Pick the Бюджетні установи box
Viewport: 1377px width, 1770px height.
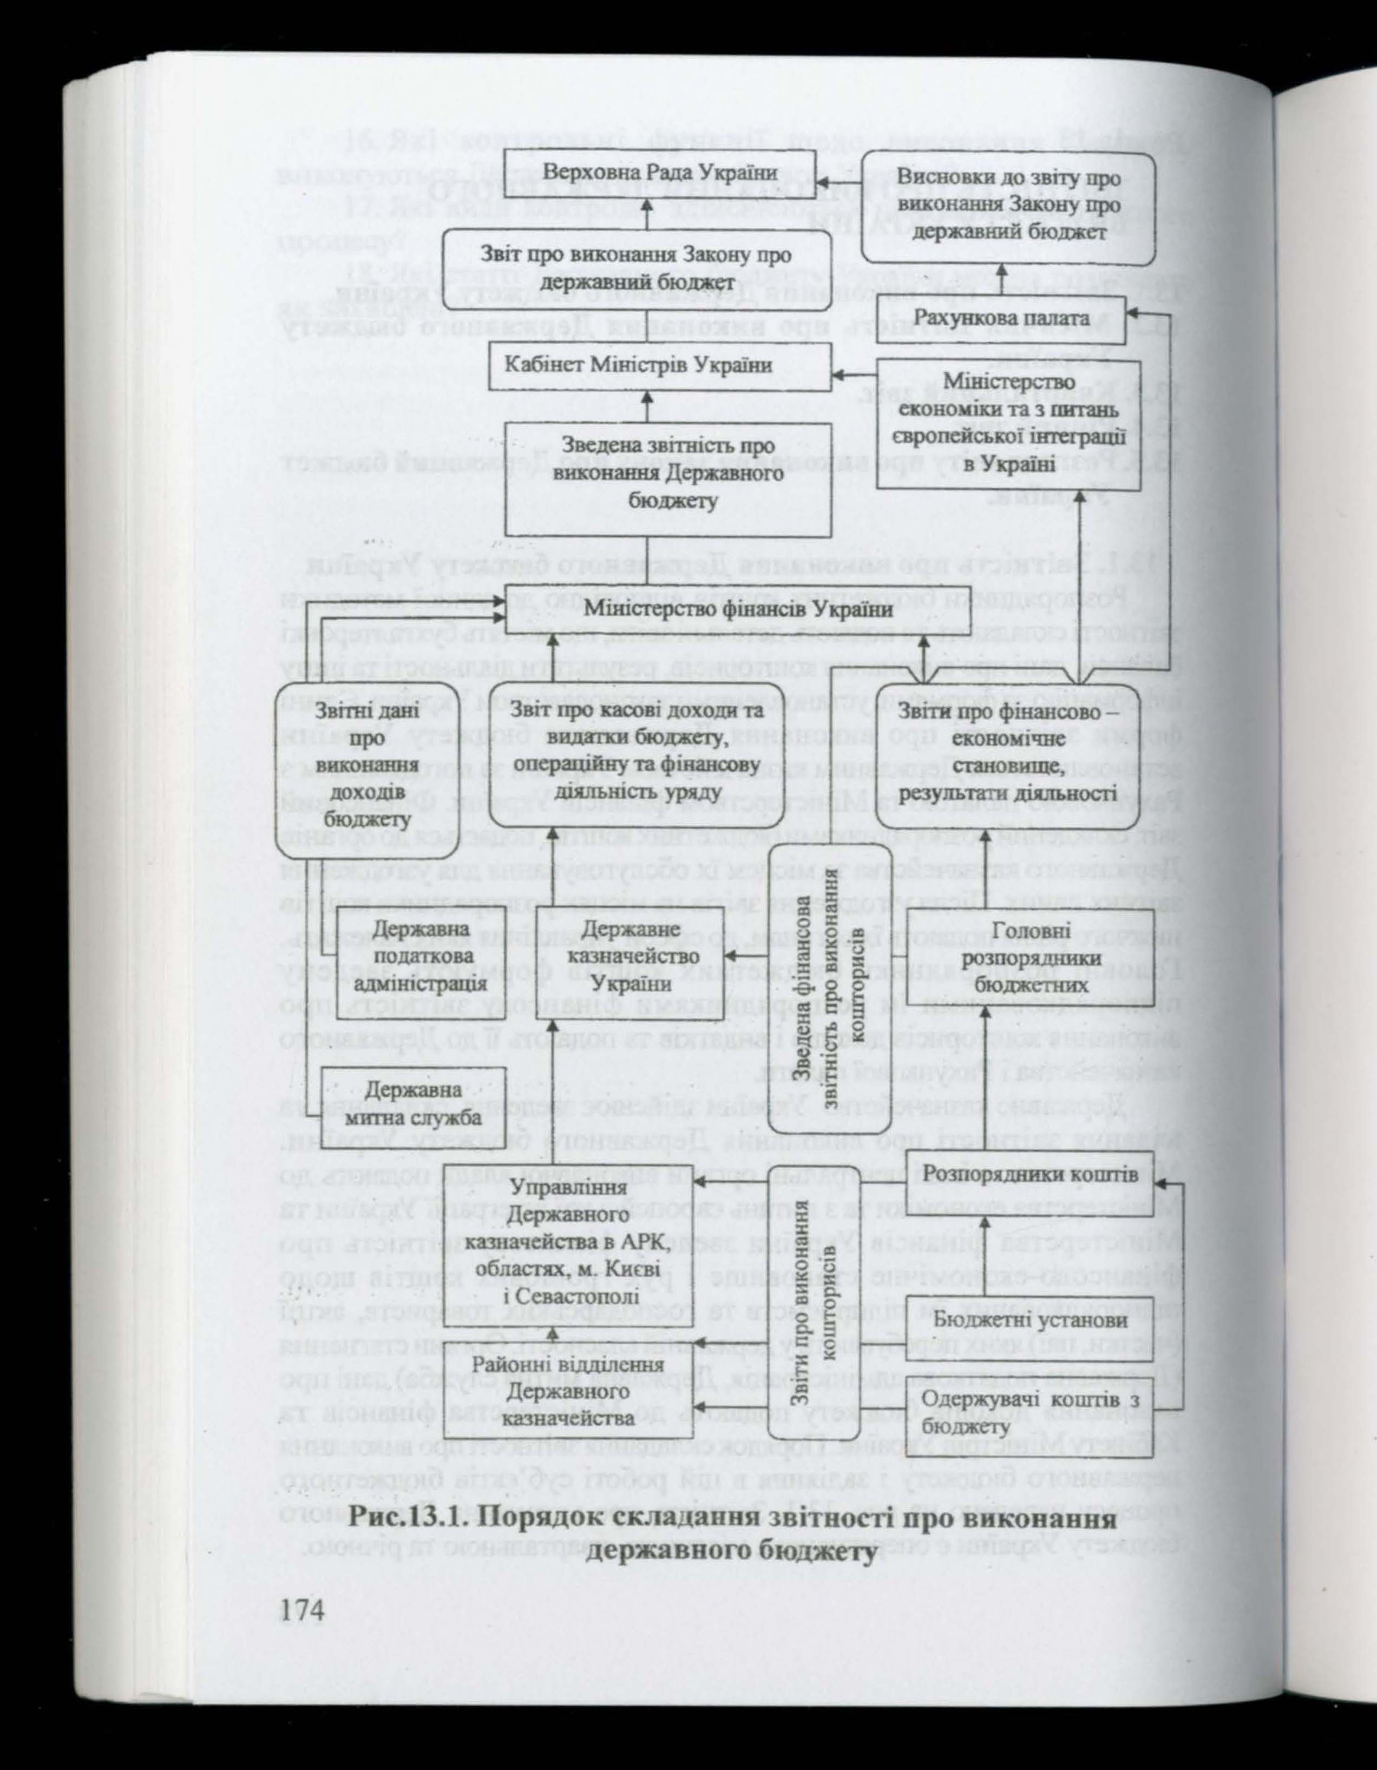point(1030,1321)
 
